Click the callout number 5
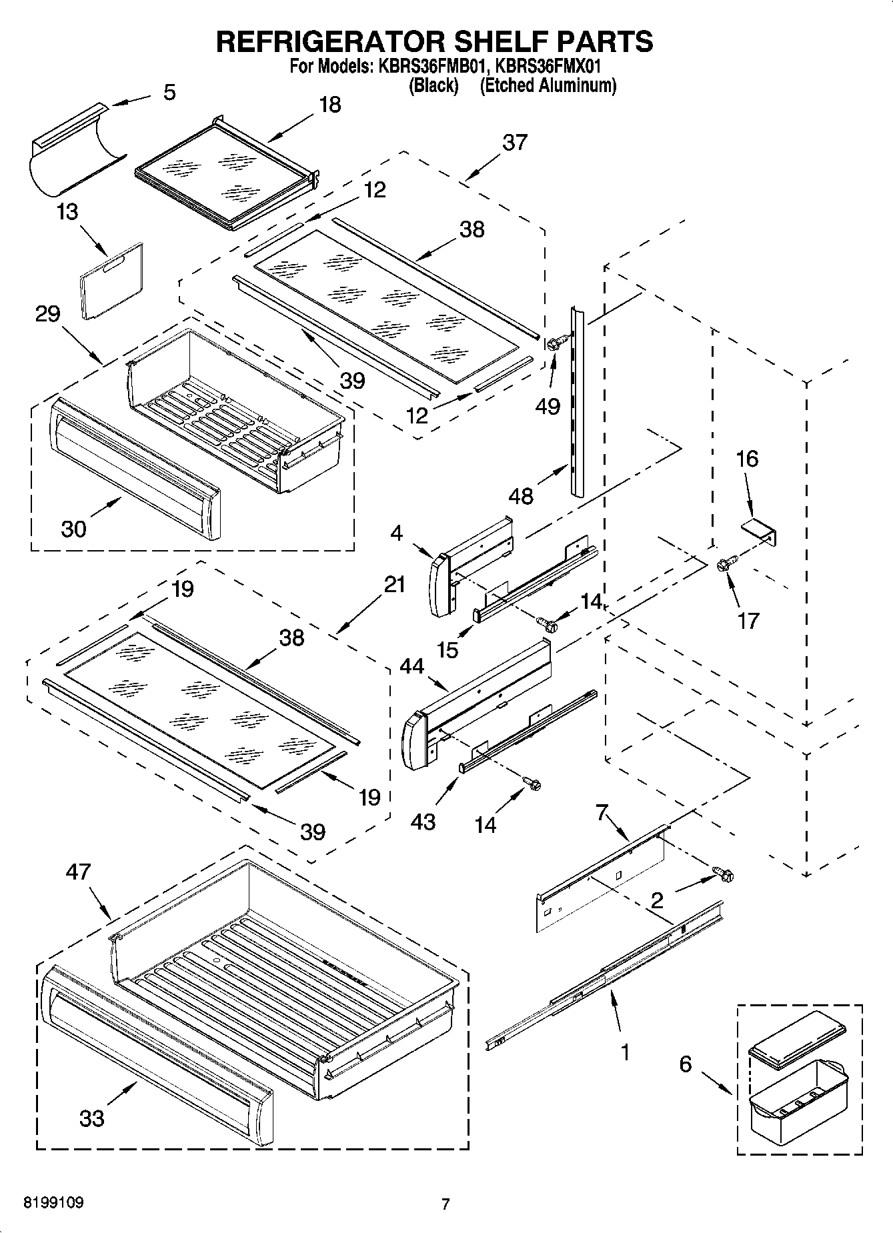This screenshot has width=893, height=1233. point(169,92)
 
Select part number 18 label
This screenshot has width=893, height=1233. point(329,105)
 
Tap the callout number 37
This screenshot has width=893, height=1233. point(514,142)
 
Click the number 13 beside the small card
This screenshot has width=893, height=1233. point(67,212)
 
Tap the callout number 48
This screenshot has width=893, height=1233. point(521,496)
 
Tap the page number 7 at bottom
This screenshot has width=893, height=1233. point(445,1204)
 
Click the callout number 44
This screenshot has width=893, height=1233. point(411,666)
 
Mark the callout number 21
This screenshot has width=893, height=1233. point(395,585)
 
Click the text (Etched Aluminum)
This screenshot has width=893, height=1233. point(548,85)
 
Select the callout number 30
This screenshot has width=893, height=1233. point(73,529)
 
